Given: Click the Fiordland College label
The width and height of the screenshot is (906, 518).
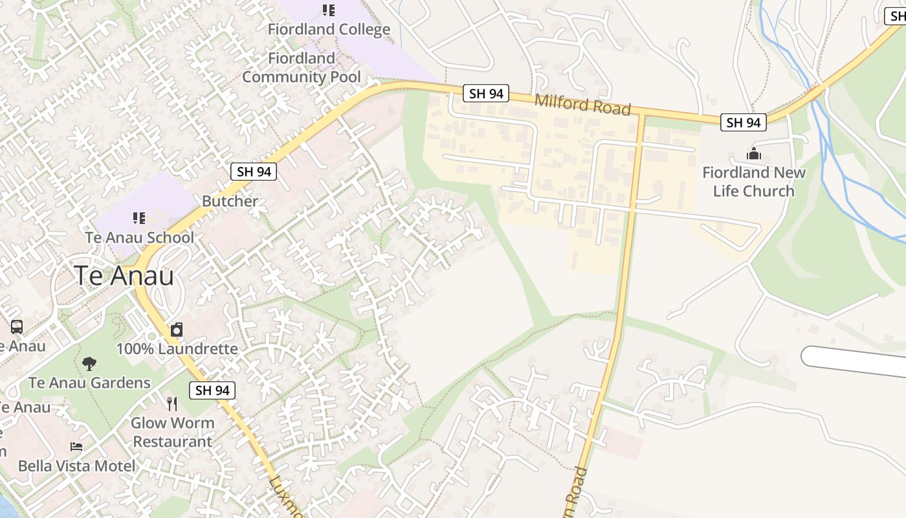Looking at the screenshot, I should click(329, 29).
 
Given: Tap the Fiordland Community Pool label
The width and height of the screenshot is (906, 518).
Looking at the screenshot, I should click(302, 67).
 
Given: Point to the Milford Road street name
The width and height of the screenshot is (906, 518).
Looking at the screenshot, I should click(582, 104).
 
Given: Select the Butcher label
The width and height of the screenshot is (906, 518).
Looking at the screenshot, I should click(230, 201).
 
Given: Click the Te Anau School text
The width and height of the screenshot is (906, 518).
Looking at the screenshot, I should click(139, 238).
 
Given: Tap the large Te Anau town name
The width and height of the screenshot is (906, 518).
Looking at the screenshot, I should click(124, 276).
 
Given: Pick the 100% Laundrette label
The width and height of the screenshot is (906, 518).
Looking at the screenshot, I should click(177, 348).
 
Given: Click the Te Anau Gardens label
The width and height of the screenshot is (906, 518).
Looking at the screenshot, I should click(89, 383).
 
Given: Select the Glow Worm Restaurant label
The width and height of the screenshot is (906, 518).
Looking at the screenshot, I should click(172, 432).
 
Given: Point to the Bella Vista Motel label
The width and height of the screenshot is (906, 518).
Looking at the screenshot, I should click(77, 466).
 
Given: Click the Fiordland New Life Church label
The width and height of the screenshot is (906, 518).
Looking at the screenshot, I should click(754, 181).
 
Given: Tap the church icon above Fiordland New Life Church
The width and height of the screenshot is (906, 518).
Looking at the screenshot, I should click(753, 154).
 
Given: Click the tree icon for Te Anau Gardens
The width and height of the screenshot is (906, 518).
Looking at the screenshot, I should click(89, 363).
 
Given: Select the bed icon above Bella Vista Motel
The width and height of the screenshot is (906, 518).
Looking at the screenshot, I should click(76, 447).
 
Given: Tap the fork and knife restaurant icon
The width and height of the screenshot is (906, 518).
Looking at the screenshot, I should click(172, 404).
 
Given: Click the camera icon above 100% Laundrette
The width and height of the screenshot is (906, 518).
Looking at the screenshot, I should click(177, 330).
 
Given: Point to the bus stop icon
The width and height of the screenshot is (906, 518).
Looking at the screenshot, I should click(17, 327).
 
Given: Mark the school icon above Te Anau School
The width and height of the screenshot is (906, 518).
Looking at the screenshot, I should click(139, 218).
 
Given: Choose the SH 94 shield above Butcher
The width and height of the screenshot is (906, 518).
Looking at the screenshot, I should click(254, 172).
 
